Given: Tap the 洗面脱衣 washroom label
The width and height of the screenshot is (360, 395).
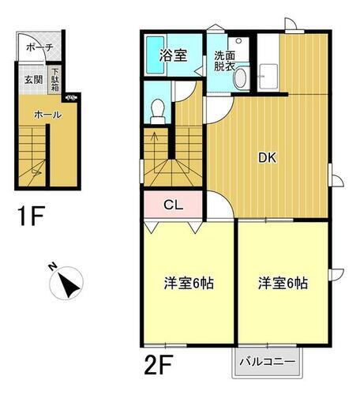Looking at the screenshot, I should coord(224,62).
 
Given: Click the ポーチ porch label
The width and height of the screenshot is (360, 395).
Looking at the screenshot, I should coord(39,47).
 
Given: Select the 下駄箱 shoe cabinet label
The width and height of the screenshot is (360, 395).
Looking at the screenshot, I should coord(55,79).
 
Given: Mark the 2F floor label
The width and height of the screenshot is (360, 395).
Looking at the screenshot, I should coord(160,365).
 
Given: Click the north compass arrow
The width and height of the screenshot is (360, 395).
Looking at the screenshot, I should coord(69,284).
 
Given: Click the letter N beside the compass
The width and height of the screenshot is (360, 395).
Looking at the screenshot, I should coord(51,266).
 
